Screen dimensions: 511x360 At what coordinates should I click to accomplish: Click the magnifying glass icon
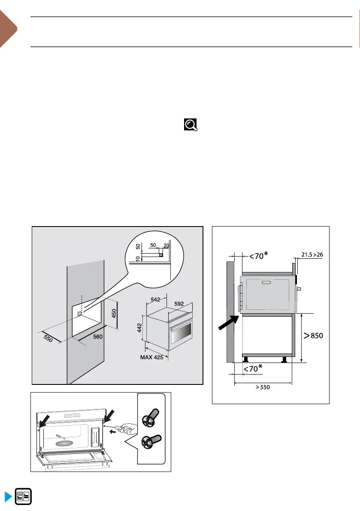point(191,125)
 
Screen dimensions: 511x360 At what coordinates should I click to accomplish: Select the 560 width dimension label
point(98,337)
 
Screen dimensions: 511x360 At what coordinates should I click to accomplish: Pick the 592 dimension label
point(179,303)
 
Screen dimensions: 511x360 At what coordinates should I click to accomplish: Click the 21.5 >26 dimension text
point(312,255)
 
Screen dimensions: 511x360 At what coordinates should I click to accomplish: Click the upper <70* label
point(259,257)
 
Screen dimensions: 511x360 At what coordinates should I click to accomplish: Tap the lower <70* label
point(253,369)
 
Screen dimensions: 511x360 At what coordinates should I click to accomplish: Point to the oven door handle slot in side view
point(267,282)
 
